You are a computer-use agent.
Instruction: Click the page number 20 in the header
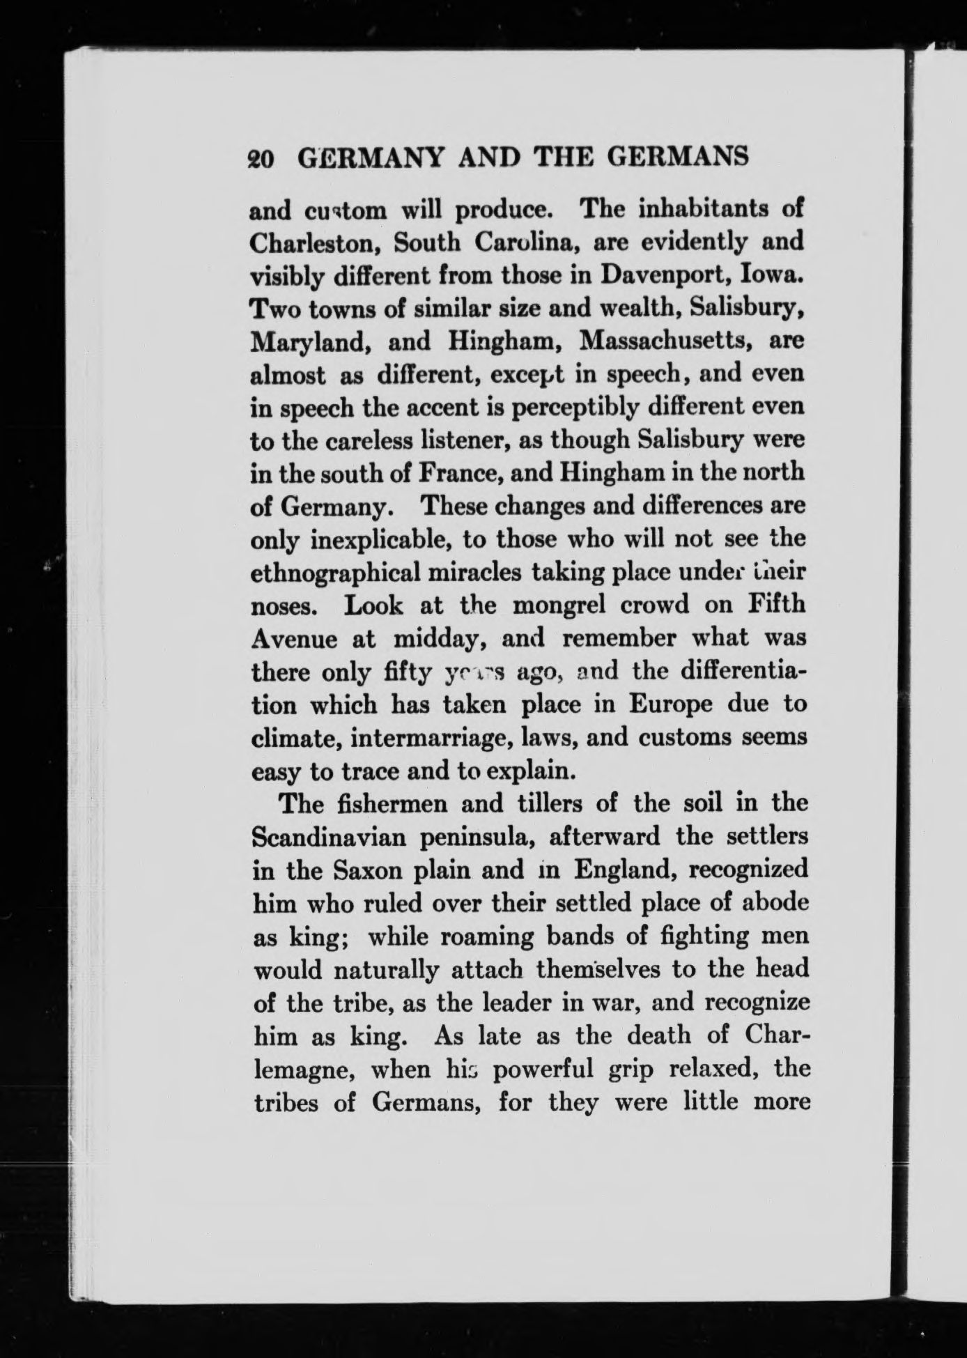point(263,159)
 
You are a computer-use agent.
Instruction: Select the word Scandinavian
point(327,837)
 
